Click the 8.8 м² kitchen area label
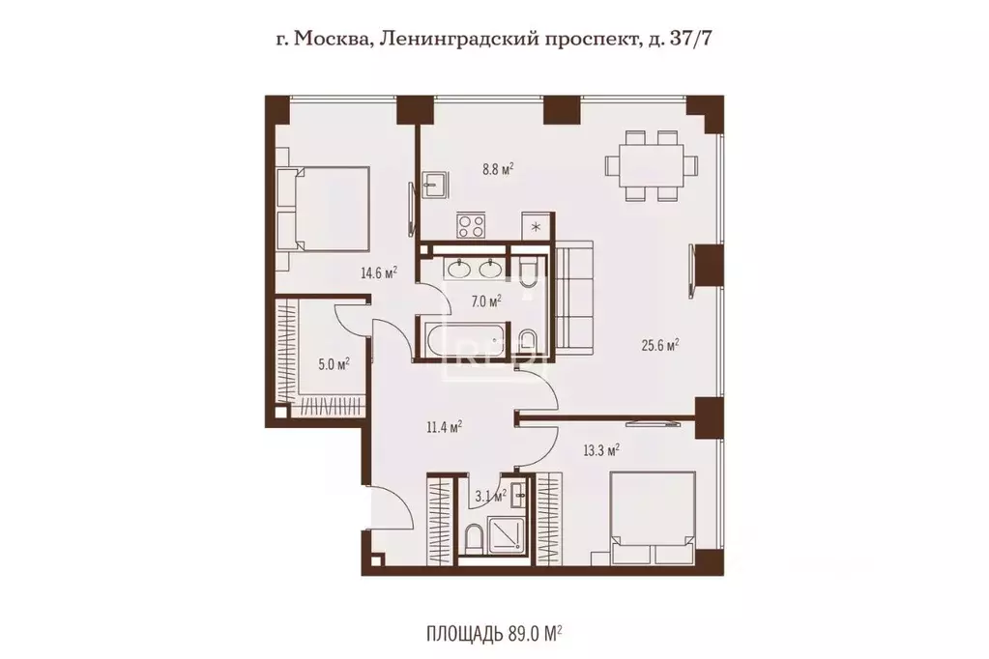498,169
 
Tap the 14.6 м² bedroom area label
378,273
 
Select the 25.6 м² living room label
659,345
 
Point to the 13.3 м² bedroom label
600,449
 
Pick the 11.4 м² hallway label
444,427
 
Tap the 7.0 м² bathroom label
486,301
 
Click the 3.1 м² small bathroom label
491,497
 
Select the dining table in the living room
653,165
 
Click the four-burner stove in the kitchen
471,225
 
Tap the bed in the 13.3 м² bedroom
654,518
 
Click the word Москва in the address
327,40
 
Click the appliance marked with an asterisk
537,226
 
